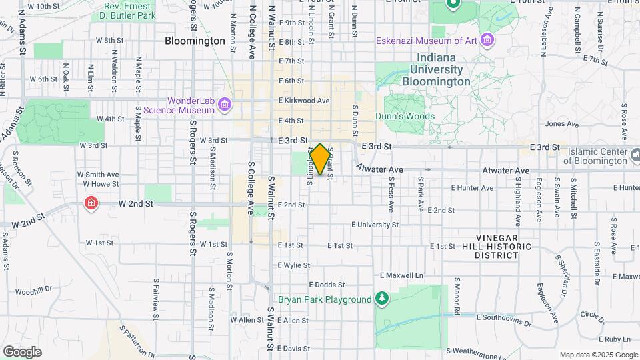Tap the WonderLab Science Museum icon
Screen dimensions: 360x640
coord(226,105)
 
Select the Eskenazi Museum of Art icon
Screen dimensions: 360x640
coord(488,41)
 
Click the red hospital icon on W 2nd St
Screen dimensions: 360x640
coord(91,203)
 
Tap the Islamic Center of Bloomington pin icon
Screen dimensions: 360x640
coord(633,156)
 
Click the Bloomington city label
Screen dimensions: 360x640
coord(195,41)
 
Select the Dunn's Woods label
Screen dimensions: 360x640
coord(409,116)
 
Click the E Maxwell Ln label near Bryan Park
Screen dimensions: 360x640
coord(401,275)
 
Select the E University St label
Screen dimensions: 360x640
coord(374,225)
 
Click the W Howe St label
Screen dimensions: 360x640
coord(101,183)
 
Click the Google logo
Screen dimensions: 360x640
coord(22,351)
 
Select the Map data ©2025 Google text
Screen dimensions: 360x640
coord(598,355)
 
